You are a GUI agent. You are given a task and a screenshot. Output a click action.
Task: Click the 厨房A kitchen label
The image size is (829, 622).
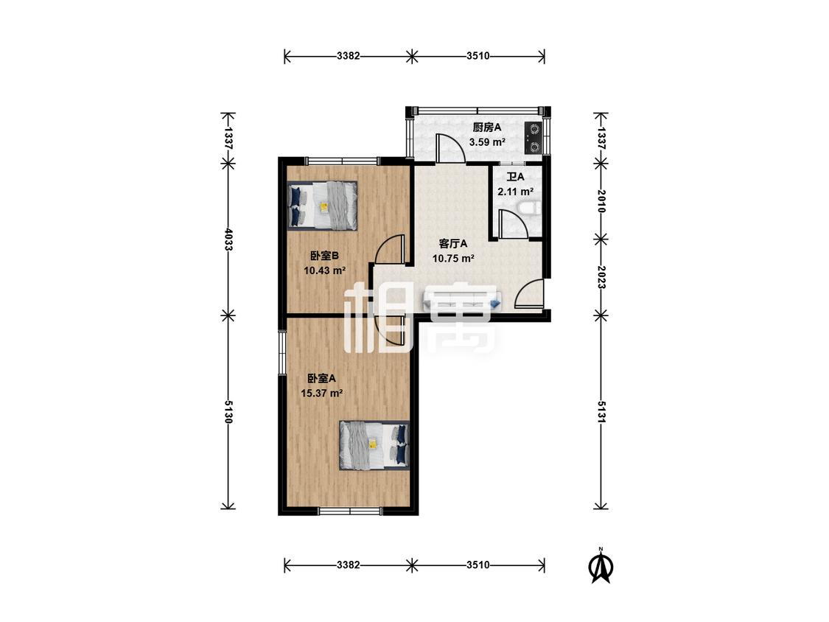(486, 127)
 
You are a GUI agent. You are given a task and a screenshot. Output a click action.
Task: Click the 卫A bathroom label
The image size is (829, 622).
(516, 177)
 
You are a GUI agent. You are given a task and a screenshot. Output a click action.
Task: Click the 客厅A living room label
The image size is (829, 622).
(453, 244)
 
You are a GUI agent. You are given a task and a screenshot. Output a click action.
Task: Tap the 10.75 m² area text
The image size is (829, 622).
(453, 259)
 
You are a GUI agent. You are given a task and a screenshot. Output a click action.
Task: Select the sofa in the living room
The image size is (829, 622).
(461, 301)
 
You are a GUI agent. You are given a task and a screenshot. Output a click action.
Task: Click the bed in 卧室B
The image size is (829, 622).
(323, 206)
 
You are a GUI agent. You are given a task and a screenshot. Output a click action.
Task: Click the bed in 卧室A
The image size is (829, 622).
(374, 445)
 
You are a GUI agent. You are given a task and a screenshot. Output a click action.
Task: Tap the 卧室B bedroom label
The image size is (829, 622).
(324, 256)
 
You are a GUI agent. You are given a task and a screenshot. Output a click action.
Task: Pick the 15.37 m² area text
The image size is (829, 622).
(322, 393)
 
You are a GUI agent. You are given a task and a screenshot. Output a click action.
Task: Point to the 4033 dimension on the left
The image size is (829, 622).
(228, 240)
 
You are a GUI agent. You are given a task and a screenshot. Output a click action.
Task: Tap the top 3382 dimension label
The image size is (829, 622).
(349, 55)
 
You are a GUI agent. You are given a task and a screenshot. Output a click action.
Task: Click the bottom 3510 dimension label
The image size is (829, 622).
(478, 565)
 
